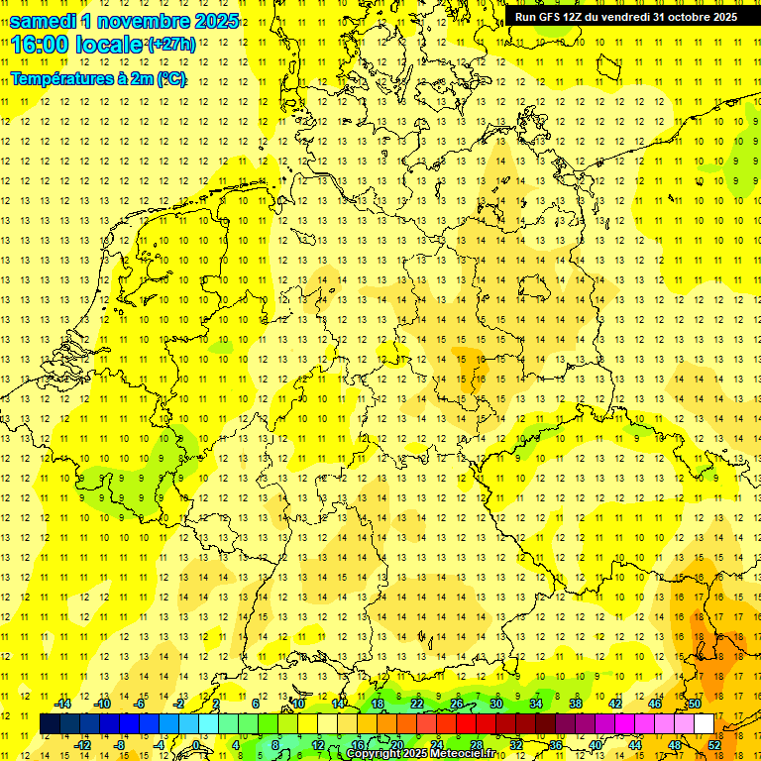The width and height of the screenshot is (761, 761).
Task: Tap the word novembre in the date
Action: click(x=149, y=21)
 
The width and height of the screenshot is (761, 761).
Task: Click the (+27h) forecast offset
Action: click(x=170, y=46)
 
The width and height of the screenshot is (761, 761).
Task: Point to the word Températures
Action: click(x=61, y=79)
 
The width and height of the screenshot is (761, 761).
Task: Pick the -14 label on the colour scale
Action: click(x=62, y=704)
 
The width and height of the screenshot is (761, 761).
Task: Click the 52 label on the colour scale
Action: click(x=713, y=744)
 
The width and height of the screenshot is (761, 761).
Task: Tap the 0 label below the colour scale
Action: click(x=197, y=744)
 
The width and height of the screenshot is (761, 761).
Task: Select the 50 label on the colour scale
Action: click(x=695, y=704)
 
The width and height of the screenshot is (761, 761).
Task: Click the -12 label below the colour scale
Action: click(x=82, y=744)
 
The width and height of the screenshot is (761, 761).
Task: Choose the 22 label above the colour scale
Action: click(x=417, y=704)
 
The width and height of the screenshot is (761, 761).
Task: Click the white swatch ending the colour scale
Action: click(x=705, y=723)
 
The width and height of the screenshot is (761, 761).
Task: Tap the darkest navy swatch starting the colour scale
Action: click(x=50, y=723)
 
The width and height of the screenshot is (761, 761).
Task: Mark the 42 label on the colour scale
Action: click(x=614, y=704)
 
